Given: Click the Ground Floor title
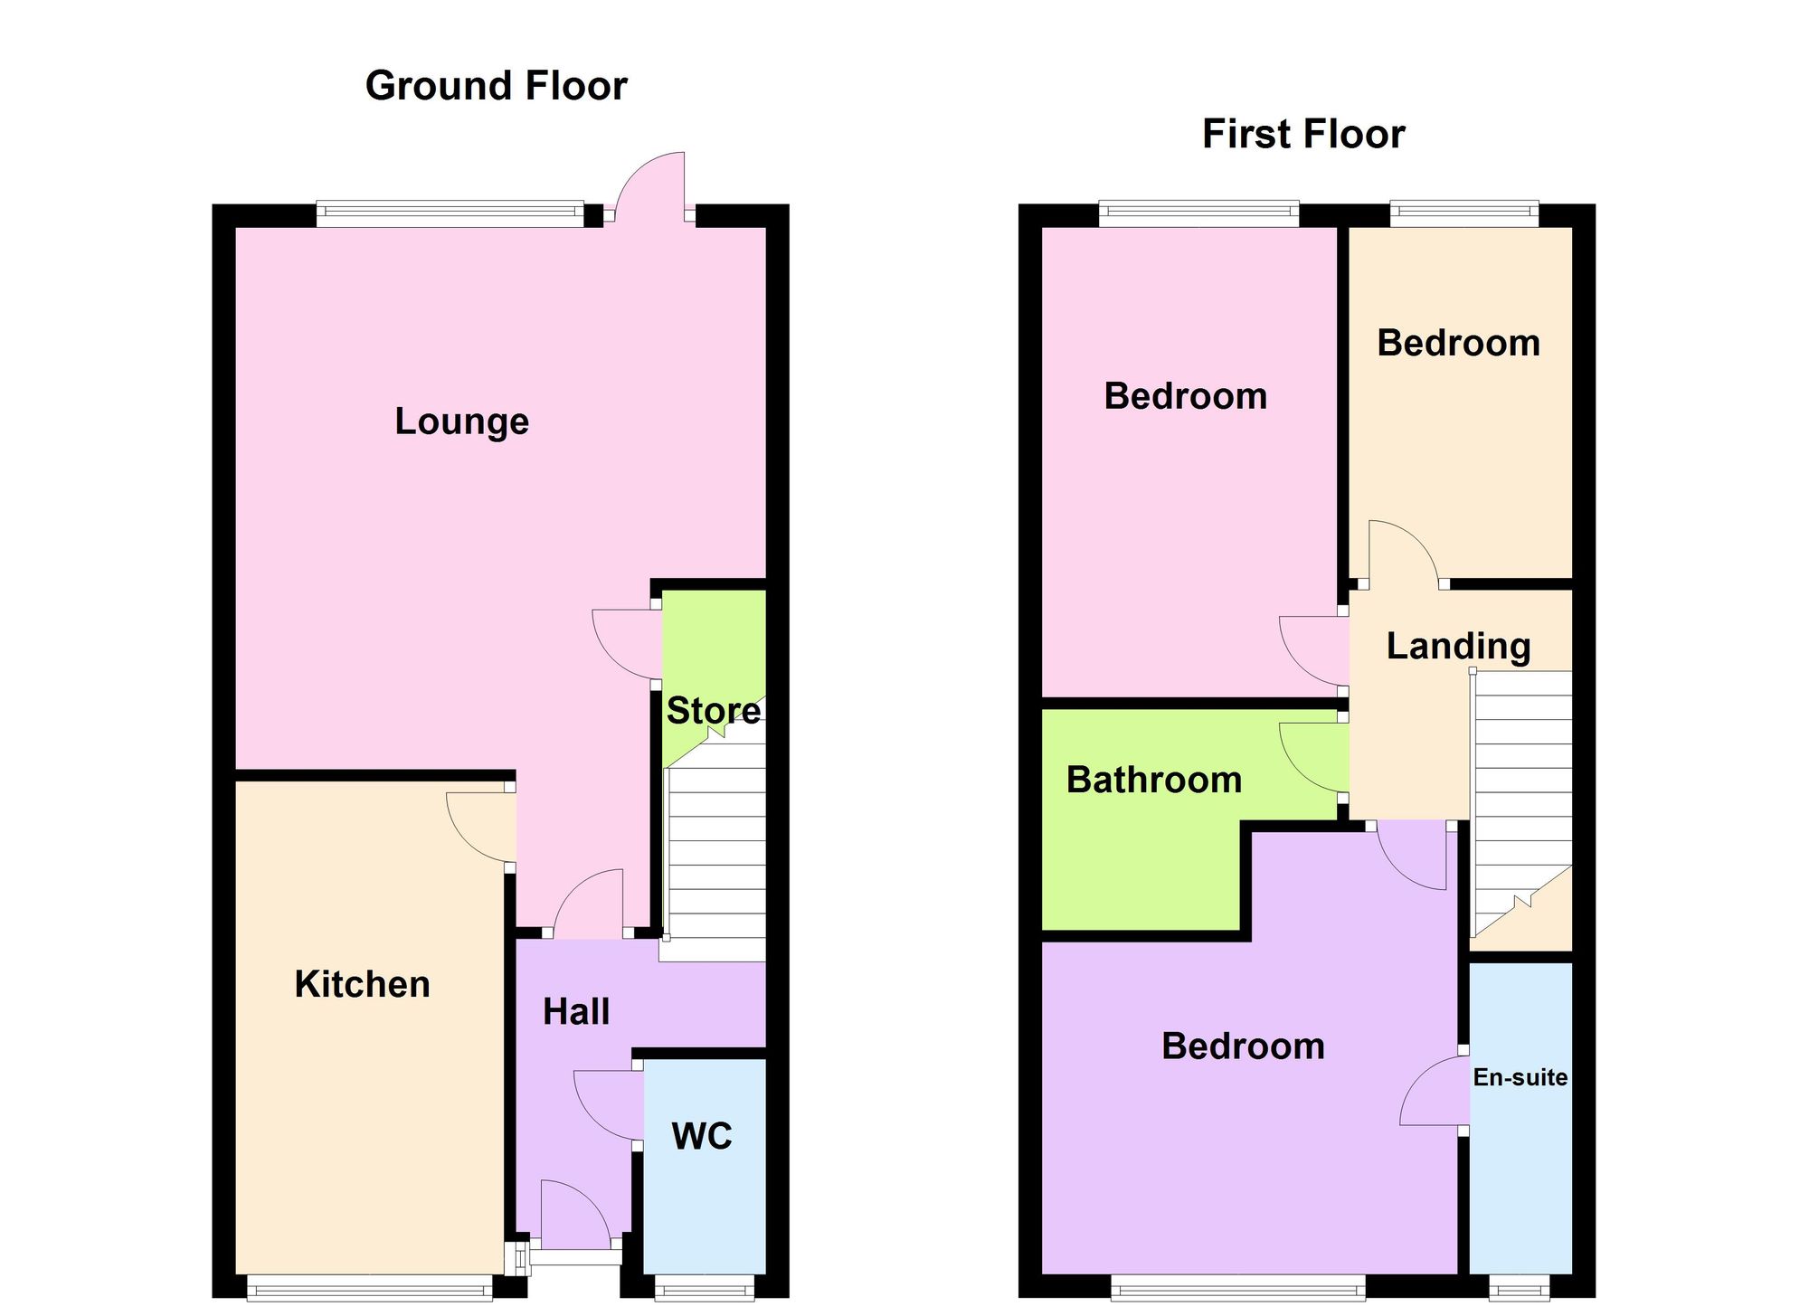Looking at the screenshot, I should click(x=496, y=86).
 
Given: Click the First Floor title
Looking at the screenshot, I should click(x=1302, y=134).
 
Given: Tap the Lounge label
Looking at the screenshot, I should click(x=461, y=421).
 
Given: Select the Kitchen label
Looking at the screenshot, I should click(x=362, y=984).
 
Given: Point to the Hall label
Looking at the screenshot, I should click(x=576, y=1011).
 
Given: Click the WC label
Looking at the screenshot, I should click(x=702, y=1136).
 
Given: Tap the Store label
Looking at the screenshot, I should click(x=713, y=711).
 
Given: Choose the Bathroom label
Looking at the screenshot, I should click(x=1154, y=780).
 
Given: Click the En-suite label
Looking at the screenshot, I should click(x=1520, y=1077).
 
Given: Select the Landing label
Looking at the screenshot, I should click(x=1458, y=646).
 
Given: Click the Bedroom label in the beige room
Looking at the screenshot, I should click(x=1458, y=343).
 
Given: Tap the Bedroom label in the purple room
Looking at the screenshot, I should click(x=1243, y=1046).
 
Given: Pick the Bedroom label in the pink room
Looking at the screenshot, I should click(x=1185, y=396).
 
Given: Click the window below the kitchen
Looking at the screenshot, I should click(x=370, y=1288).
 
